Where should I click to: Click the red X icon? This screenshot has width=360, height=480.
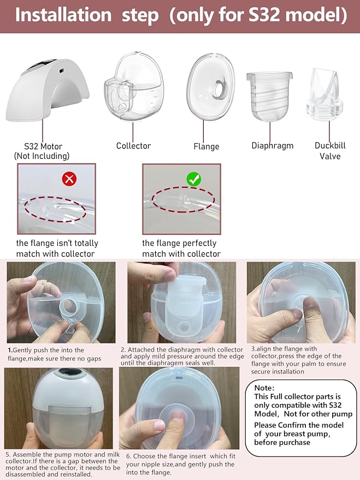pyautogui.click(x=69, y=179)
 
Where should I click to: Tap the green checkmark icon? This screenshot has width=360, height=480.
pyautogui.click(x=194, y=179)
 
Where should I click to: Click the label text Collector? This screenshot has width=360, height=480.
pyautogui.click(x=133, y=146)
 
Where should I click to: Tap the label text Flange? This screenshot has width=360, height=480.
pyautogui.click(x=206, y=146)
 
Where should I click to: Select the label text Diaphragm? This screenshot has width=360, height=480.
pyautogui.click(x=272, y=146)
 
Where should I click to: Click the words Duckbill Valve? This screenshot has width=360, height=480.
pyautogui.click(x=328, y=151)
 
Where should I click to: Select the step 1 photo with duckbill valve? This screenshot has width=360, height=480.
pyautogui.click(x=61, y=303)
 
